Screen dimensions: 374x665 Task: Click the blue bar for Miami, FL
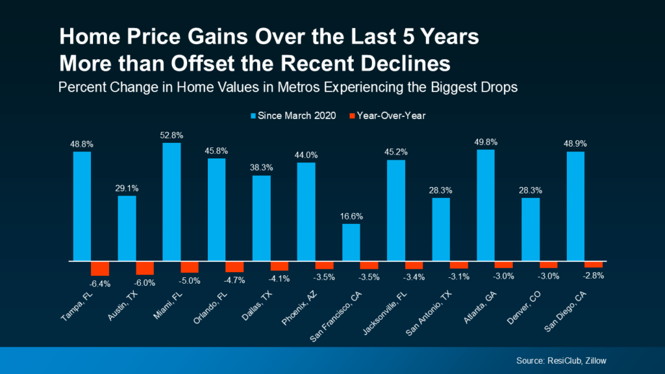pyautogui.click(x=171, y=202)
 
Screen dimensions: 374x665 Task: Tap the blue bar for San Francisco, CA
pyautogui.click(x=351, y=242)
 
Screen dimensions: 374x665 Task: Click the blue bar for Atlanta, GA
pyautogui.click(x=485, y=205)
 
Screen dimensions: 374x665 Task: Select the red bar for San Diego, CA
pyautogui.click(x=593, y=264)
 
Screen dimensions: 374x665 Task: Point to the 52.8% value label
pyautogui.click(x=172, y=136)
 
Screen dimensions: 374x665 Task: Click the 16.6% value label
pyautogui.click(x=351, y=217)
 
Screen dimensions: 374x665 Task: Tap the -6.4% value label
pyautogui.click(x=101, y=282)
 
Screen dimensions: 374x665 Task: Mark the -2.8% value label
pyautogui.click(x=594, y=275)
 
